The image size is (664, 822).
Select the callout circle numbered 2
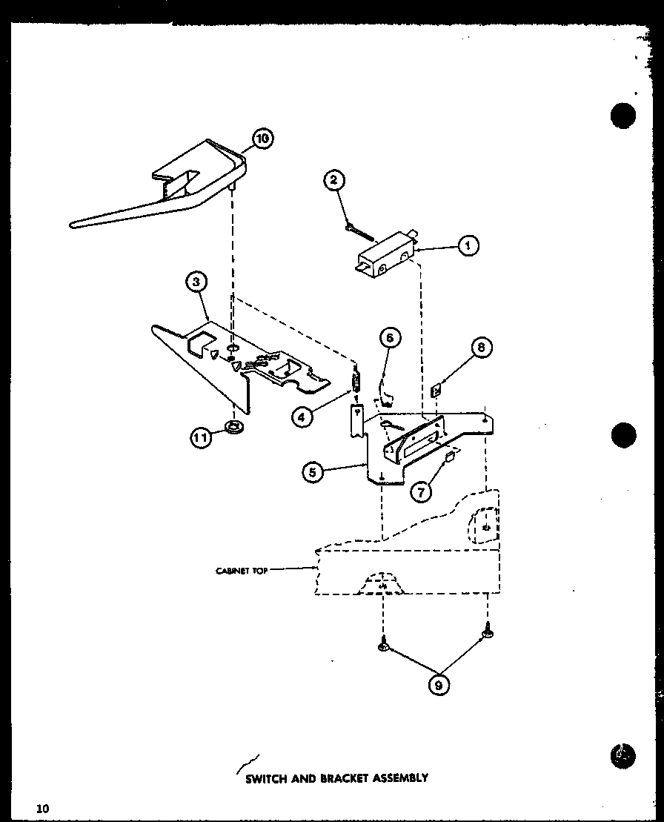click(x=334, y=179)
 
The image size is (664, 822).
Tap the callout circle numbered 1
click(x=468, y=245)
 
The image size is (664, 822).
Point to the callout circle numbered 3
click(x=196, y=282)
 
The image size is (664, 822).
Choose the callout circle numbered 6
click(x=391, y=339)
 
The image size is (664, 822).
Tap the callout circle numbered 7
click(x=422, y=491)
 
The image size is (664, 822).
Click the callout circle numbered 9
click(x=438, y=685)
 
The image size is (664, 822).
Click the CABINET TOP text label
click(x=241, y=571)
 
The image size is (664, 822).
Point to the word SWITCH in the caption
click(x=261, y=779)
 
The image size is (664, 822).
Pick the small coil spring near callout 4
click(x=356, y=383)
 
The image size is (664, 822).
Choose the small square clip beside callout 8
click(x=438, y=388)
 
